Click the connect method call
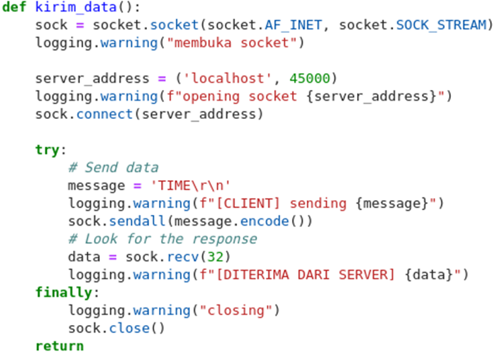pyautogui.click(x=101, y=114)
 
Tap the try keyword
pyautogui.click(x=47, y=150)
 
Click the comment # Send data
pyautogui.click(x=113, y=167)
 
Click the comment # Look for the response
pyautogui.click(x=162, y=238)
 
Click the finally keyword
pyautogui.click(x=64, y=292)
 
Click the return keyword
pyautogui.click(x=59, y=346)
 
